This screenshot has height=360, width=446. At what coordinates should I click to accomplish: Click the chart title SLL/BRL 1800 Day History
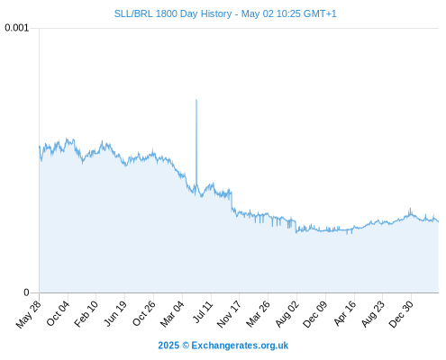[x=173, y=13]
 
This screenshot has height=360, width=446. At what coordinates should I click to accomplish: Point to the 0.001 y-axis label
[x=17, y=28]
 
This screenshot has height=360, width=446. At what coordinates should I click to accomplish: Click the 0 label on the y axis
[x=26, y=292]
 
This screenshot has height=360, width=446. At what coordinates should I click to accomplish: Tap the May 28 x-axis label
[x=29, y=314]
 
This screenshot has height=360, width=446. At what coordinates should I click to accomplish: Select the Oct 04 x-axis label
[x=58, y=313]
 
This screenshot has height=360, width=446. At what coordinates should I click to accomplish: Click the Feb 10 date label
[x=86, y=313]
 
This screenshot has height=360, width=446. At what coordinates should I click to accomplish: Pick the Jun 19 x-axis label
[x=115, y=313]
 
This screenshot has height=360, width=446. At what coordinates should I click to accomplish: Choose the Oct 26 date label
[x=144, y=313]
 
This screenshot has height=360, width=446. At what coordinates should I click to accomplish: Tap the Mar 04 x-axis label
[x=172, y=314]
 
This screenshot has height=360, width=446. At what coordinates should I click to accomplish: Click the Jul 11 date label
[x=203, y=312]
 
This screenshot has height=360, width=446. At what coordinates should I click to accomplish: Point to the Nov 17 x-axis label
[x=229, y=314]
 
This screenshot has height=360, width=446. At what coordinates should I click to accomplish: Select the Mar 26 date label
[x=258, y=314]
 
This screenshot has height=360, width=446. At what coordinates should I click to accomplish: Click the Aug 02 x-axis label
[x=287, y=314]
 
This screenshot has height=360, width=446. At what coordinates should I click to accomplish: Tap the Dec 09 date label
[x=314, y=314]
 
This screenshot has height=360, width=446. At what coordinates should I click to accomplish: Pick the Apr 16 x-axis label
[x=345, y=313]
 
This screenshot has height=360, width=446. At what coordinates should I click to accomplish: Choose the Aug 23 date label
[x=373, y=314]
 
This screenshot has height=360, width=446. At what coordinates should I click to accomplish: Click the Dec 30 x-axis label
[x=401, y=314]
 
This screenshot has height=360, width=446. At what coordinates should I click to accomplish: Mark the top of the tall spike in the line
[x=196, y=99]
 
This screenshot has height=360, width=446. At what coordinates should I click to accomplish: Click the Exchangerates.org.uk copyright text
[x=240, y=346]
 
